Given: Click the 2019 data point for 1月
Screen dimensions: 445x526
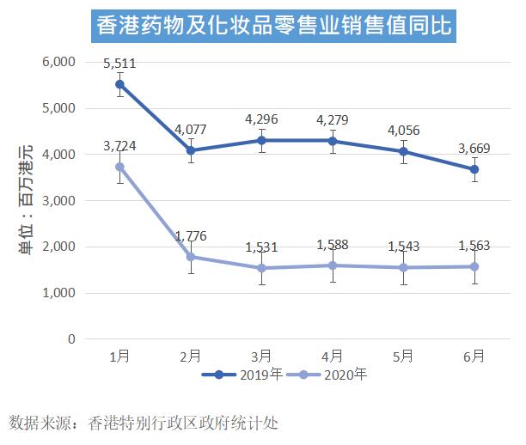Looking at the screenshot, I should click(x=120, y=84).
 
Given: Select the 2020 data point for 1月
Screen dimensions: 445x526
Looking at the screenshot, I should click(x=120, y=167).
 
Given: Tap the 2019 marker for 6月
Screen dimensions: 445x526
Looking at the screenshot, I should click(x=474, y=169).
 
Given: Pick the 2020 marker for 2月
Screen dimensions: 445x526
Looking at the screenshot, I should click(x=191, y=257).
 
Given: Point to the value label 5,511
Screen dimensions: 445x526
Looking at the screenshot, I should click(x=120, y=64).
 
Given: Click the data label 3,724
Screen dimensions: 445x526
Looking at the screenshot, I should click(x=120, y=147).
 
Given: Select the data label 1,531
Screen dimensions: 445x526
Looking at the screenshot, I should click(x=261, y=247).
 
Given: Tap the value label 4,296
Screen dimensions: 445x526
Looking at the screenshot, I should click(x=261, y=120).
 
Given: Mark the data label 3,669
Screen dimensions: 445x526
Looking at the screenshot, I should click(x=474, y=149).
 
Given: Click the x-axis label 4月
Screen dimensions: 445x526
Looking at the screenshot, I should click(x=333, y=355).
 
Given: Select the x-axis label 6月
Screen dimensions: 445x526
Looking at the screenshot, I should click(x=474, y=355).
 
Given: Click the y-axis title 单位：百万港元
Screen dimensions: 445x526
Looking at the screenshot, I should click(x=26, y=200).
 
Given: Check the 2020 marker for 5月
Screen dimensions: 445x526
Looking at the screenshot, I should click(x=403, y=267).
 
